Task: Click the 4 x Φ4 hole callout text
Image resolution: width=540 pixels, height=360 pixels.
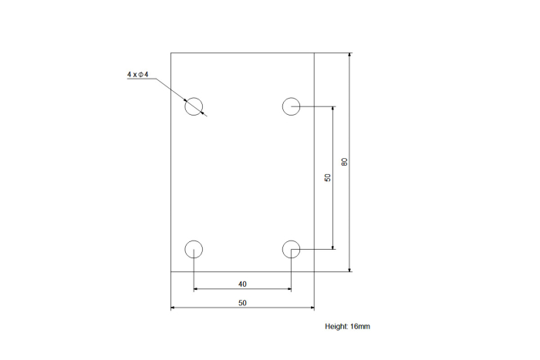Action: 138,74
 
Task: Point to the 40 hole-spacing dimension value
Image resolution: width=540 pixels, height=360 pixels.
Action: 242,284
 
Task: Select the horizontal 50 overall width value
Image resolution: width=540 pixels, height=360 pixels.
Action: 242,303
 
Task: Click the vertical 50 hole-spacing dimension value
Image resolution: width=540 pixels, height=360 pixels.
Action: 328,177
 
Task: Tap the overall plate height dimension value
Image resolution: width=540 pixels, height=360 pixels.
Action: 344,162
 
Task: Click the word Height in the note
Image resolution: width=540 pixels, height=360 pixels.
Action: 336,326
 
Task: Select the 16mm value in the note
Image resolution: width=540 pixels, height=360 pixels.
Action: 360,326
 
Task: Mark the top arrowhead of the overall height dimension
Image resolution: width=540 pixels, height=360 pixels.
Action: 350,55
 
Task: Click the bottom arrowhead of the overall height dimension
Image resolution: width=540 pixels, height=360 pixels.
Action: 350,270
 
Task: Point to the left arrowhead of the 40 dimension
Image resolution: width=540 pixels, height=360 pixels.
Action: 196,289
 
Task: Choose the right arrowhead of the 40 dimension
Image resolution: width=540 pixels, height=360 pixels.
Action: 289,289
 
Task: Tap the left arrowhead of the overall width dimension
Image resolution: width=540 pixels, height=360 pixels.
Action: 174,308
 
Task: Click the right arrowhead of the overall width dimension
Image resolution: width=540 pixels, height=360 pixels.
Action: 312,308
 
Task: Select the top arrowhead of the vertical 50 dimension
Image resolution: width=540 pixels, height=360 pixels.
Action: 332,109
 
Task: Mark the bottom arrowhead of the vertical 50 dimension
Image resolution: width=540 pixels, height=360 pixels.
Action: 332,247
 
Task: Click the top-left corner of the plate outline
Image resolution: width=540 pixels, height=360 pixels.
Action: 170,52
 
